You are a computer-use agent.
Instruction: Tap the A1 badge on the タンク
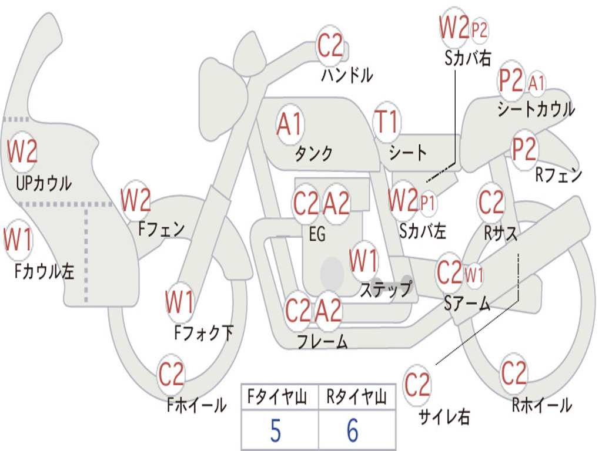(x=289, y=124)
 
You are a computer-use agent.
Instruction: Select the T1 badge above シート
(x=386, y=123)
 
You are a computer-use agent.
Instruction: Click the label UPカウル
(x=44, y=183)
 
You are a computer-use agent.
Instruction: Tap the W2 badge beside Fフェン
(x=135, y=201)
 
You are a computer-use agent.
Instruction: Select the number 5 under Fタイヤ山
(x=275, y=432)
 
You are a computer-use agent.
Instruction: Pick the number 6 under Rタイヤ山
(x=353, y=432)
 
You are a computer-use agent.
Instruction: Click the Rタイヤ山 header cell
(x=356, y=398)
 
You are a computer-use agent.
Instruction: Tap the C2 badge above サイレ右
(x=417, y=385)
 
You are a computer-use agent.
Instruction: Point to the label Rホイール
(x=541, y=405)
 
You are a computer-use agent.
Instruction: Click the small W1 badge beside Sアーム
(x=474, y=274)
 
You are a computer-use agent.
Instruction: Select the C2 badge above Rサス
(x=491, y=203)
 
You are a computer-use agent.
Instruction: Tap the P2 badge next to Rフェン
(x=524, y=150)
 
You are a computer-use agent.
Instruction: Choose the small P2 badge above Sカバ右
(x=480, y=30)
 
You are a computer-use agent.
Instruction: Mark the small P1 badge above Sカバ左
(x=428, y=203)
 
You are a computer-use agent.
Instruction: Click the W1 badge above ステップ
(x=363, y=260)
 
